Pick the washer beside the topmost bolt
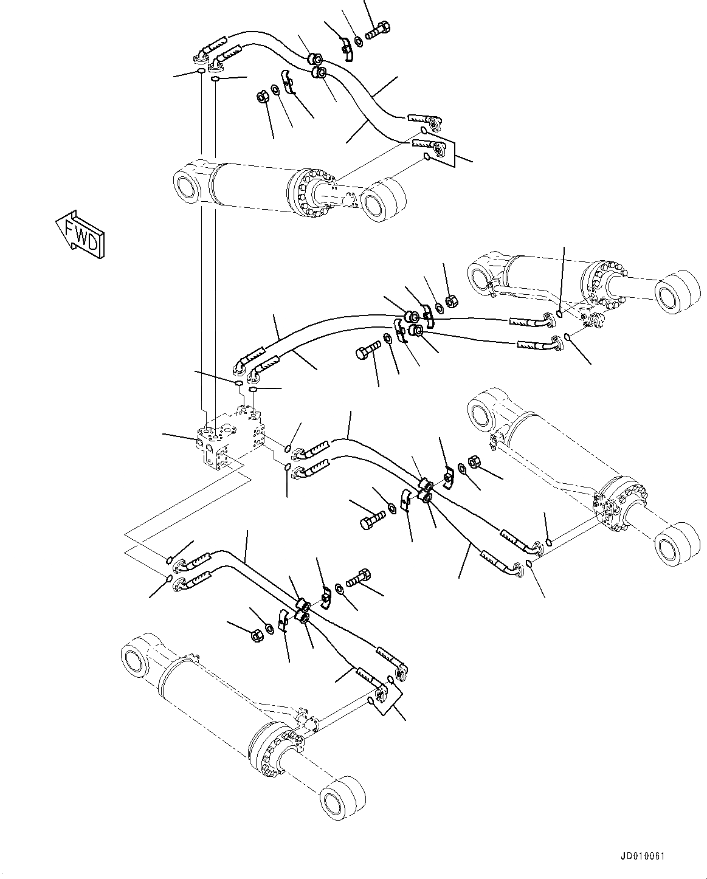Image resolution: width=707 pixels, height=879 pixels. pos(359,41)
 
